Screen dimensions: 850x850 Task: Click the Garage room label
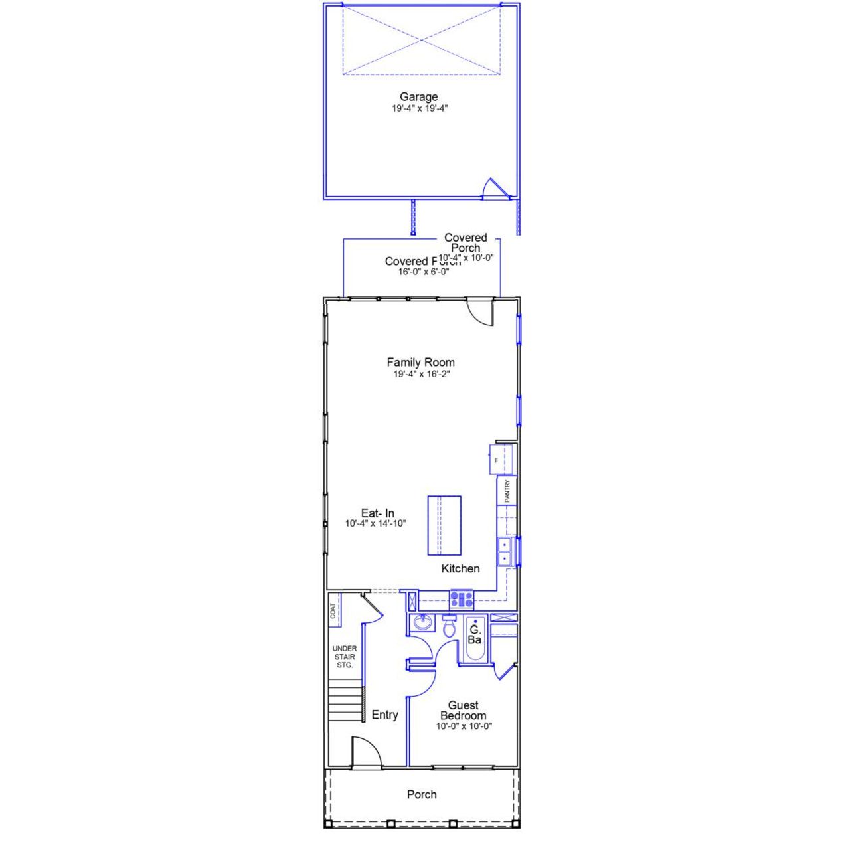click(x=418, y=97)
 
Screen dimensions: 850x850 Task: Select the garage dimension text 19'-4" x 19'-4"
click(x=420, y=108)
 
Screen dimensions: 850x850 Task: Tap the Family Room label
click(x=420, y=363)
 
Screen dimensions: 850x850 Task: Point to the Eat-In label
click(x=377, y=513)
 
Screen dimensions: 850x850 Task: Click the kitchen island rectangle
click(x=444, y=525)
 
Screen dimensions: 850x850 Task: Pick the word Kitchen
click(x=460, y=569)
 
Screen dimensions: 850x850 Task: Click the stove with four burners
click(x=462, y=600)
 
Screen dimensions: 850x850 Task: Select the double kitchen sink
click(x=505, y=552)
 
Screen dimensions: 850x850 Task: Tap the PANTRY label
click(x=507, y=491)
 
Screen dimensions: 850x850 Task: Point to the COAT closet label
click(x=333, y=611)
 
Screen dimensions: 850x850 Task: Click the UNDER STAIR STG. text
click(x=345, y=657)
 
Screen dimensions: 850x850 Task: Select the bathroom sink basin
click(x=421, y=623)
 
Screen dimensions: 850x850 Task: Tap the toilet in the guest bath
click(x=449, y=626)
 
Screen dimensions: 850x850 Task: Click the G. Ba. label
click(x=475, y=635)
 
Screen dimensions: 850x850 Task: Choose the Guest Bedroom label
click(x=463, y=711)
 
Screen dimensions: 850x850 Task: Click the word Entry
click(x=384, y=715)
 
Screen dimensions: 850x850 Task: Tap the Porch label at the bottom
click(x=422, y=795)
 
